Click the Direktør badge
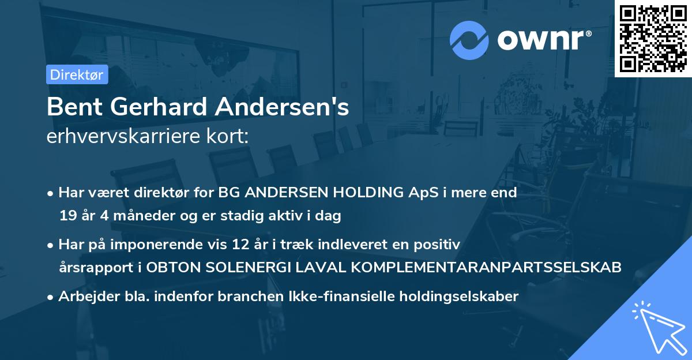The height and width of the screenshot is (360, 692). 77,74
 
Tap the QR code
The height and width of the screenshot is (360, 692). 653,39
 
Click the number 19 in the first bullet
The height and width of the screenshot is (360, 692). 67,216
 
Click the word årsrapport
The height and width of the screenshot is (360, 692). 95,268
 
